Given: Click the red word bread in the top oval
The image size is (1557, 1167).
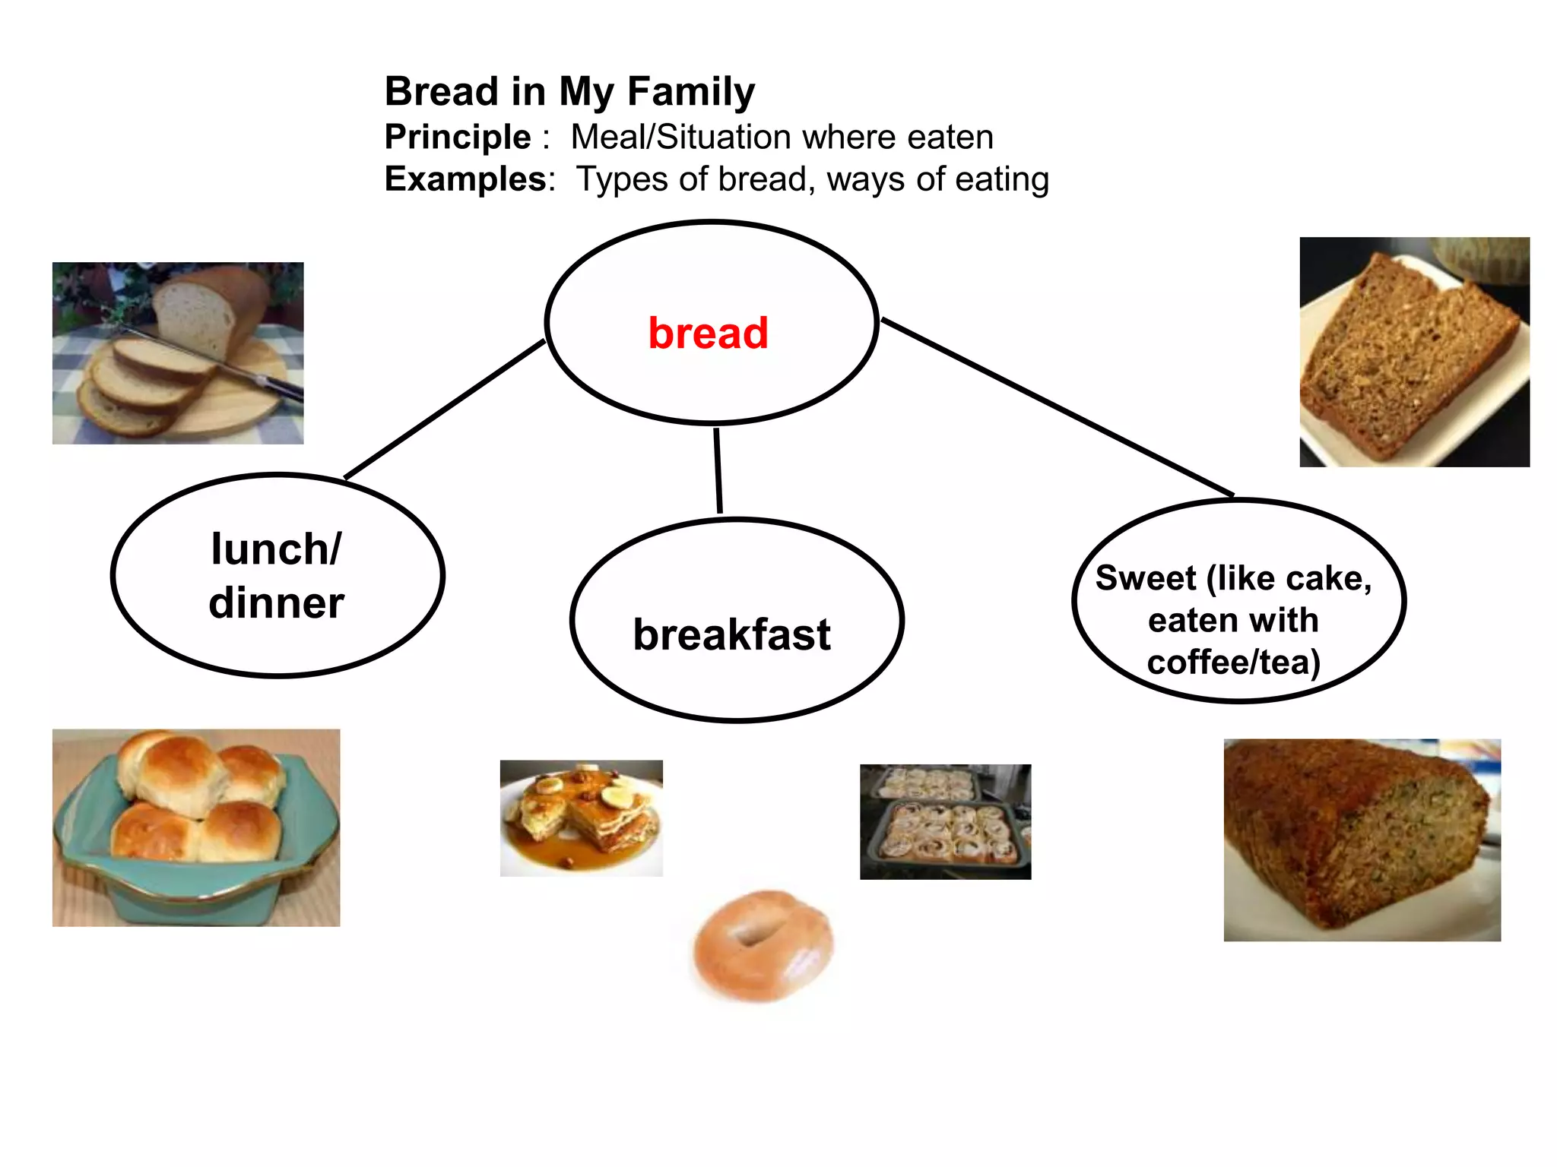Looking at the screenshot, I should (x=708, y=333).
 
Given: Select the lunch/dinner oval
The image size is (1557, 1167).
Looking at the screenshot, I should (x=277, y=575).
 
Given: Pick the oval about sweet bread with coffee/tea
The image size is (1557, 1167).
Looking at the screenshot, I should (x=1238, y=601).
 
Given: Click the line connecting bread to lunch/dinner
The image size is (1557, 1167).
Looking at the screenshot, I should (x=445, y=410).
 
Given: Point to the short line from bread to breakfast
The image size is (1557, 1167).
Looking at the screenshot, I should (x=718, y=471).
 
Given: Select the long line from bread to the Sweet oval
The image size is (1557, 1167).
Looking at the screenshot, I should (x=1057, y=407).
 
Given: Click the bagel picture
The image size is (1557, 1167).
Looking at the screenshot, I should (x=763, y=946).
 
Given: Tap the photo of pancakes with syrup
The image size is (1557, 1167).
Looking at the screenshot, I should (x=581, y=818).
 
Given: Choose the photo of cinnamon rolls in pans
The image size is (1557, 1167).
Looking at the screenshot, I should (x=945, y=822).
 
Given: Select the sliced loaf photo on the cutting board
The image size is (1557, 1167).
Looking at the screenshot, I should (x=177, y=353).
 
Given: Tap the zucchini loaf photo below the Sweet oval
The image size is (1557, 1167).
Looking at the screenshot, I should (x=1362, y=840).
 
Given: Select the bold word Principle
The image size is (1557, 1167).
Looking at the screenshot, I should (x=458, y=138).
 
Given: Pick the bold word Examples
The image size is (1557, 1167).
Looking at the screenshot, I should (x=465, y=179).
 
